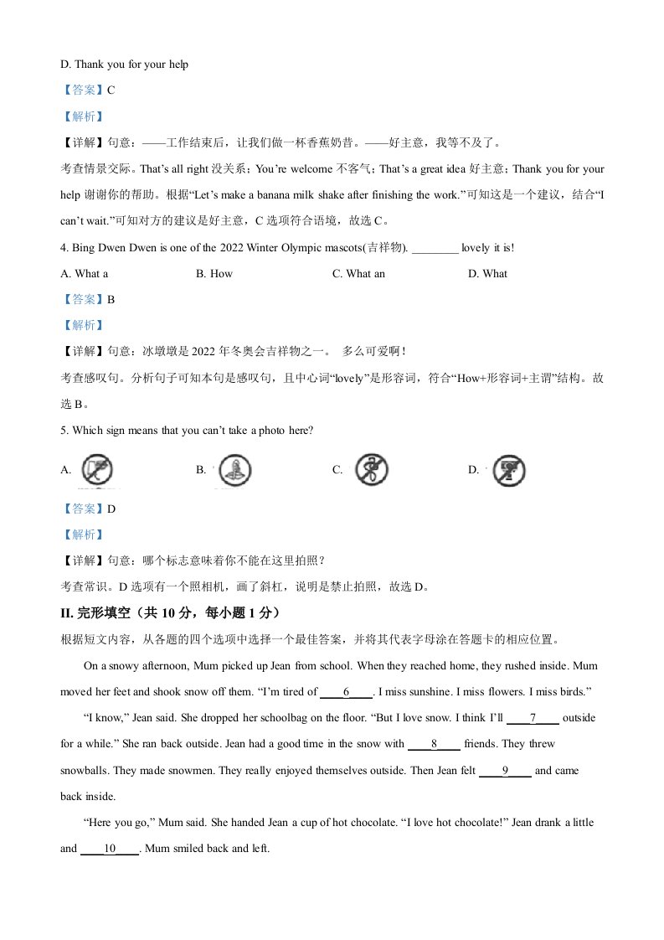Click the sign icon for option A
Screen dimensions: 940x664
pos(96,470)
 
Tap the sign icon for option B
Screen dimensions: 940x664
pos(231,472)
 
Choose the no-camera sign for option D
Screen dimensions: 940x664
pos(507,470)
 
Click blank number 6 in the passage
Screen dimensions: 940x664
pos(346,692)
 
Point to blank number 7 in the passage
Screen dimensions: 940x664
pos(533,719)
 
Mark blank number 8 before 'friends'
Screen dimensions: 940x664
pos(434,744)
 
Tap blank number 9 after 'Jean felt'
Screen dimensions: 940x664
pos(505,771)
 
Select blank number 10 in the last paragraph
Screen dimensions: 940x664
pos(109,849)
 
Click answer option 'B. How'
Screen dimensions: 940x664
pos(214,273)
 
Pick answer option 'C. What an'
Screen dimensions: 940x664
pos(358,273)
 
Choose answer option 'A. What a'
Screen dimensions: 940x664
pos(85,273)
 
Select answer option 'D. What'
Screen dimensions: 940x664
pos(487,273)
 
